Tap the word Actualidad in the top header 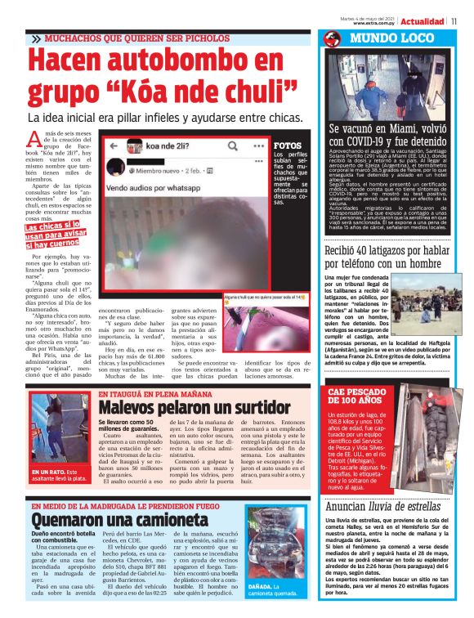423,20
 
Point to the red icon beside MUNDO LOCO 331,39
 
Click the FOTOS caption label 286,145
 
